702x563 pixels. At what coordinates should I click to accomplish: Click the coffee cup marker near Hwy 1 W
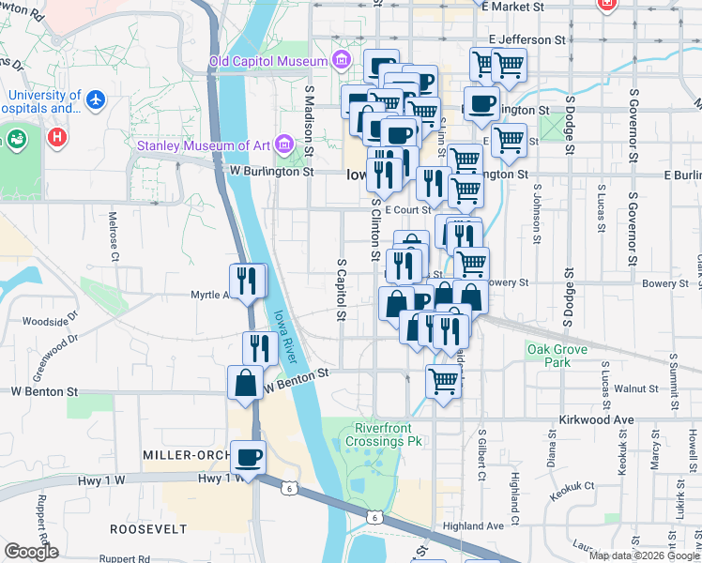coord(249,457)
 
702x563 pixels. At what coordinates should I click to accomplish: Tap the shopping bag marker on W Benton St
coord(245,383)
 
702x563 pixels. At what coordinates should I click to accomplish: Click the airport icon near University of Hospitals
coord(97,98)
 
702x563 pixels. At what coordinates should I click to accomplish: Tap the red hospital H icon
coord(58,138)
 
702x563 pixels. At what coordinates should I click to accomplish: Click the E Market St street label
coord(516,6)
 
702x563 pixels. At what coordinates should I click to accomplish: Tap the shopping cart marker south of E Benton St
coord(444,382)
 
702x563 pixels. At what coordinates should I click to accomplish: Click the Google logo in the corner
coord(31,552)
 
